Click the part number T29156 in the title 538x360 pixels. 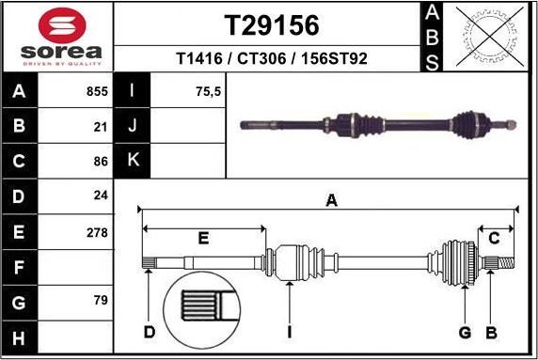(x=271, y=25)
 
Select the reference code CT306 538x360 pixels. (x=271, y=58)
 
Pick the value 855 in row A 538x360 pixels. (x=97, y=92)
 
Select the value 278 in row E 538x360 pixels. (x=97, y=231)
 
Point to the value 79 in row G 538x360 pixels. (x=100, y=301)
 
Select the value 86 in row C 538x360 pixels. (x=100, y=162)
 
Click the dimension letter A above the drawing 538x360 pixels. (x=330, y=199)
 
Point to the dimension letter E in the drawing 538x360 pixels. (x=203, y=239)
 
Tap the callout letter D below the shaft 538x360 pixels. (x=149, y=333)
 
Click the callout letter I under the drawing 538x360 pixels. (x=290, y=333)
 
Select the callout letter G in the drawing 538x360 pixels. (x=464, y=333)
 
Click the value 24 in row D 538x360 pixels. (x=100, y=196)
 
